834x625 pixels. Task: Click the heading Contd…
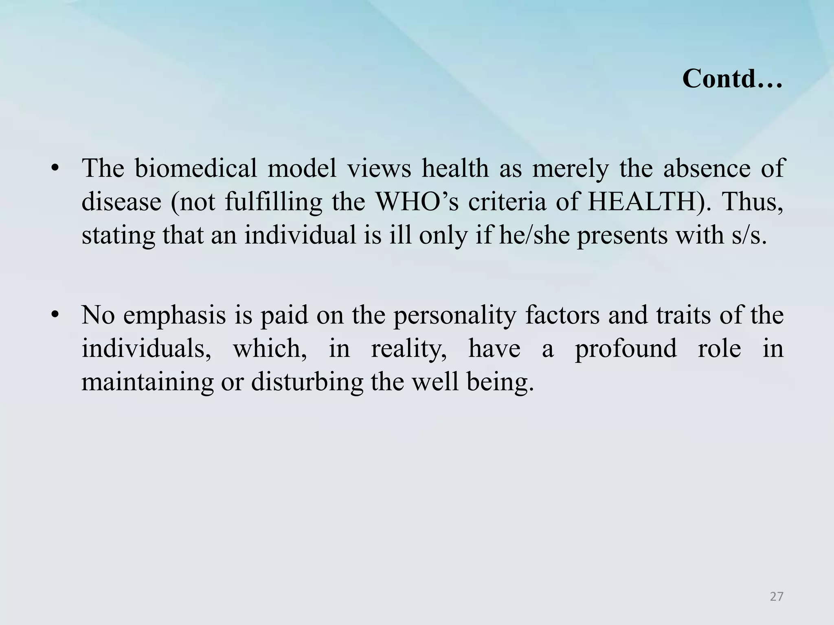pyautogui.click(x=732, y=79)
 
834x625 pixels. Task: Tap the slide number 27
pyautogui.click(x=777, y=597)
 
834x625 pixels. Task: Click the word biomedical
pyautogui.click(x=195, y=168)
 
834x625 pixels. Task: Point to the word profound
pyautogui.click(x=625, y=349)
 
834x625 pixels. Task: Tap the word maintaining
pyautogui.click(x=147, y=382)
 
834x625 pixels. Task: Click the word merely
pyautogui.click(x=571, y=168)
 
